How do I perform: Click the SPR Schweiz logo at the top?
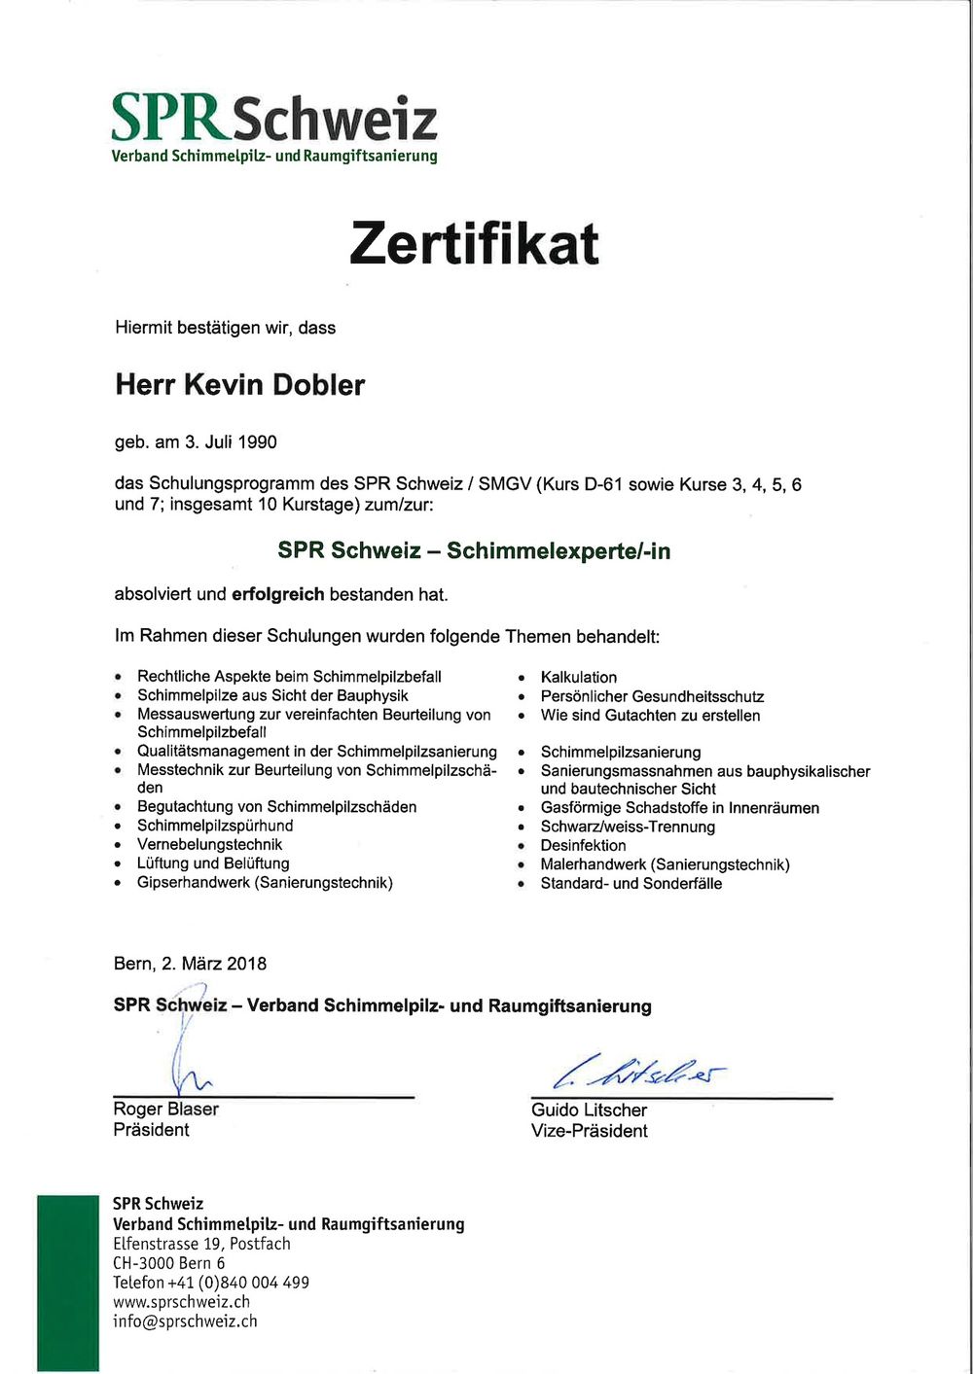[x=273, y=126]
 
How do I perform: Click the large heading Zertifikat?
[x=474, y=243]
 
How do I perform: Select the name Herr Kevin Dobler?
[x=239, y=385]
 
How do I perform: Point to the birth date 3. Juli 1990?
[x=231, y=442]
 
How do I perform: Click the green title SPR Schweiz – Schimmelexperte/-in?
[x=474, y=550]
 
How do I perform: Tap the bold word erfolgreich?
[x=277, y=594]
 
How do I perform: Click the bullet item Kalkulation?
[x=579, y=677]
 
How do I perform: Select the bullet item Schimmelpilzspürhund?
[x=215, y=826]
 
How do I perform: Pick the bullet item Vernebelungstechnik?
[x=209, y=844]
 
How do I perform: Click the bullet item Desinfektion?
[x=584, y=845]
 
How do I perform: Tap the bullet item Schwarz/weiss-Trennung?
[x=628, y=827]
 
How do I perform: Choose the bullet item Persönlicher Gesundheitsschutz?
[x=652, y=696]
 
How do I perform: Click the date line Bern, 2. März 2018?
[x=190, y=964]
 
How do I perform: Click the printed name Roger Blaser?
[x=165, y=1109]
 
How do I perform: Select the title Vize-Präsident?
[x=589, y=1130]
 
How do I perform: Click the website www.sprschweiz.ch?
[x=181, y=1302]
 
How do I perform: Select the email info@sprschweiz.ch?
[x=185, y=1321]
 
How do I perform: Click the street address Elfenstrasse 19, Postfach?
[x=201, y=1244]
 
